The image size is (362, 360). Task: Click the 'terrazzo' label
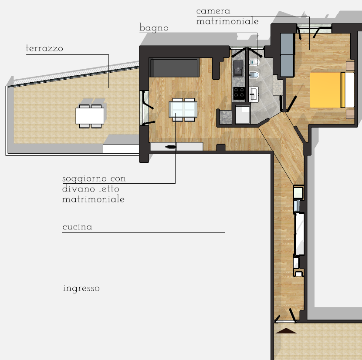[44, 48]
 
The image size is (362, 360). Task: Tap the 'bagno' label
[154, 28]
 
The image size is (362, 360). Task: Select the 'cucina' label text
[78, 227]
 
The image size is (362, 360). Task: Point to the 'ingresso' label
[81, 289]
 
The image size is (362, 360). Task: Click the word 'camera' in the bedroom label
[213, 11]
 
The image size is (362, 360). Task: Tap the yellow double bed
[332, 90]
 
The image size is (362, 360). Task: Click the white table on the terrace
[90, 116]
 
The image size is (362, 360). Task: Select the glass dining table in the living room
[183, 109]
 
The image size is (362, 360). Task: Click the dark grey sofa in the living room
[174, 67]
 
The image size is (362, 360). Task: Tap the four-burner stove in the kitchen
[239, 93]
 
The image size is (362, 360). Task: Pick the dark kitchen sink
[238, 68]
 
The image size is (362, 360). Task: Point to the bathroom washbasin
[254, 94]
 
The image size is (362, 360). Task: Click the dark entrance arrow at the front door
[286, 331]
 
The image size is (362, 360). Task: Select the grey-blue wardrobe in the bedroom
[287, 55]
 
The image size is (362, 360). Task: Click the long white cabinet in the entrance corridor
[300, 234]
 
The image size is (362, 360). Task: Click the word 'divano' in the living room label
[78, 189]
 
